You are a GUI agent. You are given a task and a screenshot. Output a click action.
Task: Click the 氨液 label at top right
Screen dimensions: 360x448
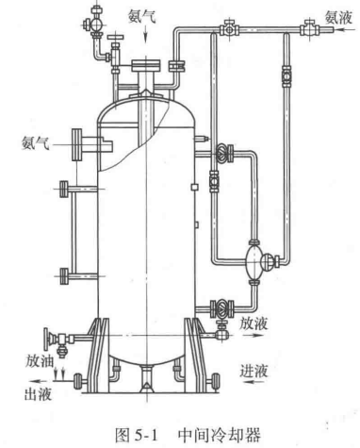[338, 18]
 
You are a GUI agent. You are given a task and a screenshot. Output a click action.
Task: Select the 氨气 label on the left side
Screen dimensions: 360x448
[36, 142]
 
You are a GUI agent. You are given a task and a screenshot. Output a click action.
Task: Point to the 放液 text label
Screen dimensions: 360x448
[254, 323]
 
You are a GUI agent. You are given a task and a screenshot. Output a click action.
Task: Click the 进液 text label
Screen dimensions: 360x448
[254, 371]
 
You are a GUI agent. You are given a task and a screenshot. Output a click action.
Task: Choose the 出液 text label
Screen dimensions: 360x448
[38, 393]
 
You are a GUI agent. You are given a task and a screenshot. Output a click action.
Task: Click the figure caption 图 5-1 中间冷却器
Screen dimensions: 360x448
[188, 435]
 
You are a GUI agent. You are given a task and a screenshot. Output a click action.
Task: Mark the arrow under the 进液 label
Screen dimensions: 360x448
[254, 382]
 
